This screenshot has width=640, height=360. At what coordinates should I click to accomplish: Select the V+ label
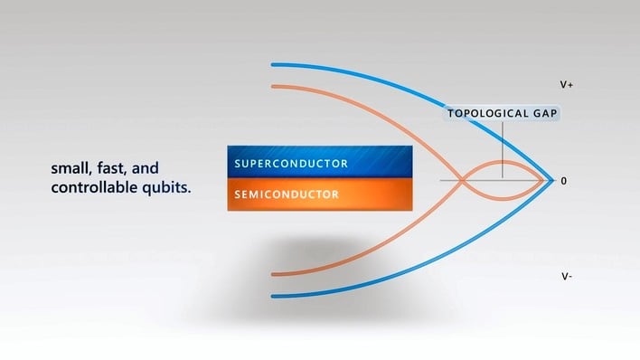[567, 84]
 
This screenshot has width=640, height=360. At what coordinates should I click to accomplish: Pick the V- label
[566, 276]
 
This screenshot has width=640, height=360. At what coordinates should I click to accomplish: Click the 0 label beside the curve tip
[564, 181]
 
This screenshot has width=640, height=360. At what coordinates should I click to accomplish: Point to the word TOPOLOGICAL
[486, 114]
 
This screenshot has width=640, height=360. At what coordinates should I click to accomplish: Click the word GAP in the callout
[542, 114]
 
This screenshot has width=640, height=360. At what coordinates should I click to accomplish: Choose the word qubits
[165, 189]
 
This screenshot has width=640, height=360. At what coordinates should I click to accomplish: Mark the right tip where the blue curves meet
[553, 180]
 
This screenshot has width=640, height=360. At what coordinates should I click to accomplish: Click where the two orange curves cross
[462, 181]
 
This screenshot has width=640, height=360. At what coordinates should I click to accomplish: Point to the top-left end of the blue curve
[273, 64]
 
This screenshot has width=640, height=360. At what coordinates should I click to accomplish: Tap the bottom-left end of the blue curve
[273, 296]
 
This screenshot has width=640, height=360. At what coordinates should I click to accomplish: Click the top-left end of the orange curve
[273, 87]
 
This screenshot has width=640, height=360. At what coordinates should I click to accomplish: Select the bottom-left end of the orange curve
[273, 273]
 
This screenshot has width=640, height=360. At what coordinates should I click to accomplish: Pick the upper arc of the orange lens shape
[503, 163]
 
